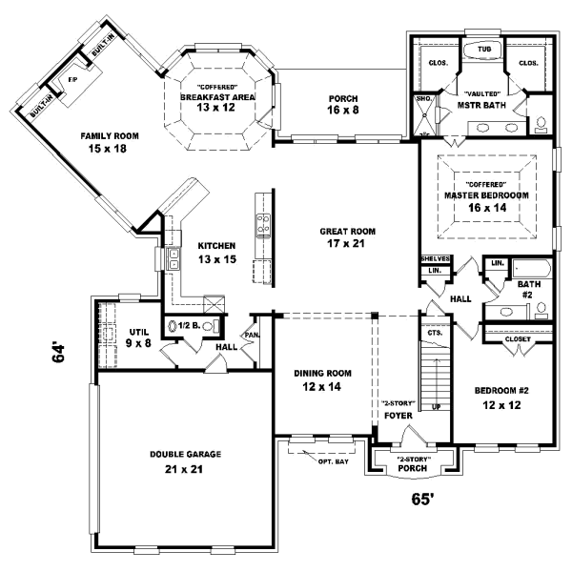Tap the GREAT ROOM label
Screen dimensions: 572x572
click(348, 231)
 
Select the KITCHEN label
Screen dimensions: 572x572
click(216, 246)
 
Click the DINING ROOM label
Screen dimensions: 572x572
click(321, 373)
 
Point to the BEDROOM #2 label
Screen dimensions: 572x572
click(501, 392)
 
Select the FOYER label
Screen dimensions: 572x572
click(397, 416)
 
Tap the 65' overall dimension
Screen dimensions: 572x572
click(422, 498)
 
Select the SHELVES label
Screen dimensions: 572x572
click(435, 258)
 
